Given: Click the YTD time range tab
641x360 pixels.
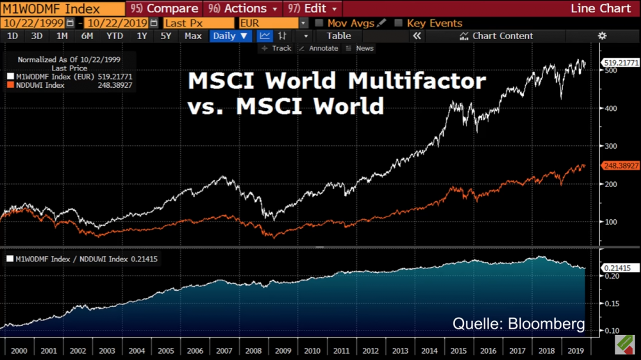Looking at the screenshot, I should pos(114,36).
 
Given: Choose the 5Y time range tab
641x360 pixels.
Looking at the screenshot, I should pos(166,36).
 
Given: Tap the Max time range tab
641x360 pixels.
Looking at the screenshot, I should pos(193,36).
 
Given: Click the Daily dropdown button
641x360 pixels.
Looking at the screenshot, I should pos(230,36).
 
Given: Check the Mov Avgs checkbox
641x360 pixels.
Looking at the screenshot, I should pos(320,23).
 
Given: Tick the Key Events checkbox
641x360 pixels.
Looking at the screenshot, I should pos(399,23).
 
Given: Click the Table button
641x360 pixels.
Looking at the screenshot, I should pos(338,36).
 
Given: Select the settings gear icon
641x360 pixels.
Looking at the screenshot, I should pos(602,36).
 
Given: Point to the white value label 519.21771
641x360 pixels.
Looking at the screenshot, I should pos(620,63).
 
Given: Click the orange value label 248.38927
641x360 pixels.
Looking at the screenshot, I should pos(620,165).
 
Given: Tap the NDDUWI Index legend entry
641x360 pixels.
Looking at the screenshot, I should pos(41,85).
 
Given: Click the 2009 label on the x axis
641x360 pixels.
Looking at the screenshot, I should pos(283,351).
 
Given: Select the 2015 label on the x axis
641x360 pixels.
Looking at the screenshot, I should pos(458,351).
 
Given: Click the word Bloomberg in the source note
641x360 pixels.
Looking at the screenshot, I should pos(546,323).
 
